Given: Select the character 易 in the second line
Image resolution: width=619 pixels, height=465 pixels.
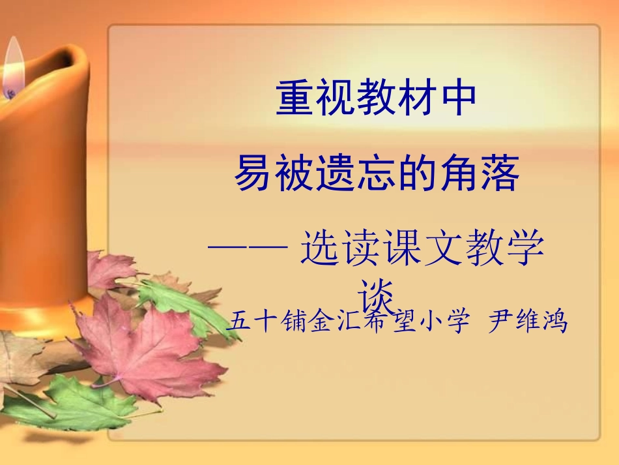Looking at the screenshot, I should click(x=254, y=174).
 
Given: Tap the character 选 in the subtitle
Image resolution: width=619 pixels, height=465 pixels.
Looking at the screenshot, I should click(x=321, y=250).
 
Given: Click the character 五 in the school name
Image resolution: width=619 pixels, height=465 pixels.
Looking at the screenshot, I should click(x=242, y=322).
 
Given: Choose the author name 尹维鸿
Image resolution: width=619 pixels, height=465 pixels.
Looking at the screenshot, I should click(x=528, y=322).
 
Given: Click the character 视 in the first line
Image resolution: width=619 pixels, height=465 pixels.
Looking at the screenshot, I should click(x=336, y=98).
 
